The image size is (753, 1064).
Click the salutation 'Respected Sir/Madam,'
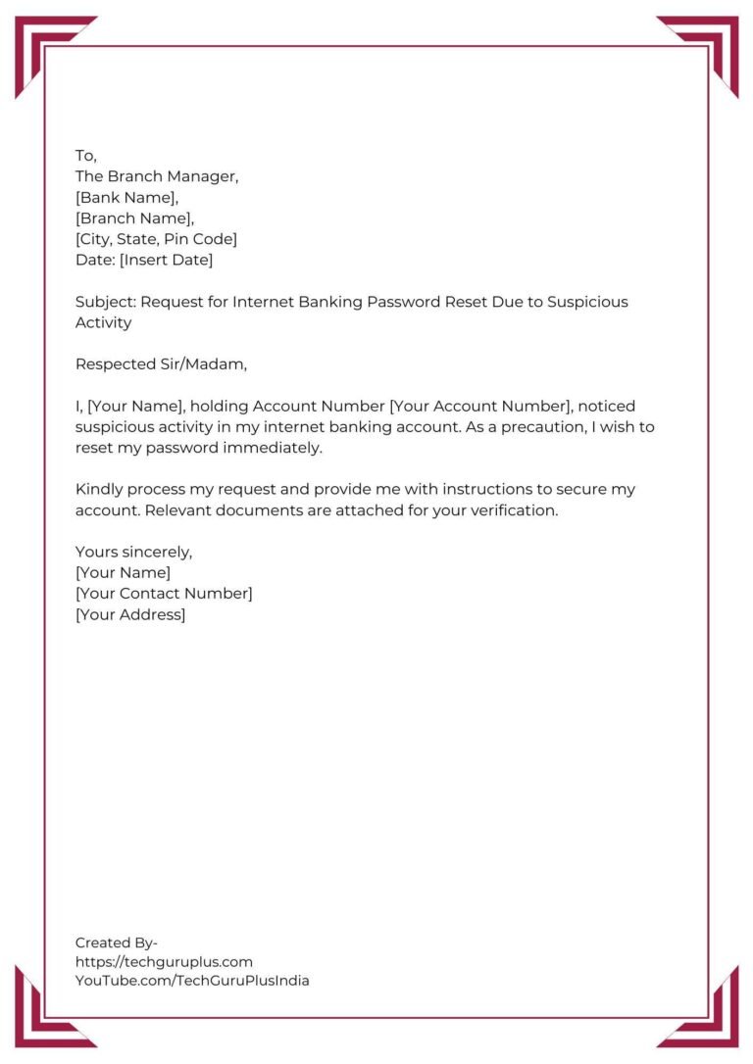point(162,364)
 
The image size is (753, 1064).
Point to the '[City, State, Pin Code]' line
point(156,239)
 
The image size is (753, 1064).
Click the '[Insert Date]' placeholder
point(166,260)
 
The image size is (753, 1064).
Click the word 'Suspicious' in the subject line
point(587,302)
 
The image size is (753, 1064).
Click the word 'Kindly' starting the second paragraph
point(99,489)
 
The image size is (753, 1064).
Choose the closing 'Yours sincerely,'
point(133,552)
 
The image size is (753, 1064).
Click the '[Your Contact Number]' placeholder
point(164,594)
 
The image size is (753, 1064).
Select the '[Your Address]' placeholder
point(130,614)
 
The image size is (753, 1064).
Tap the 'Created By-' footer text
point(117,943)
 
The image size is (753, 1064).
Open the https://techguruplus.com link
point(164,962)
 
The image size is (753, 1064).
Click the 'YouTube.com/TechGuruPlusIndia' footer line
point(192,981)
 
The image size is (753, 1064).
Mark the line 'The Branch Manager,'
point(157,177)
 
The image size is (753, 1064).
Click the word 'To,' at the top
point(86,156)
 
